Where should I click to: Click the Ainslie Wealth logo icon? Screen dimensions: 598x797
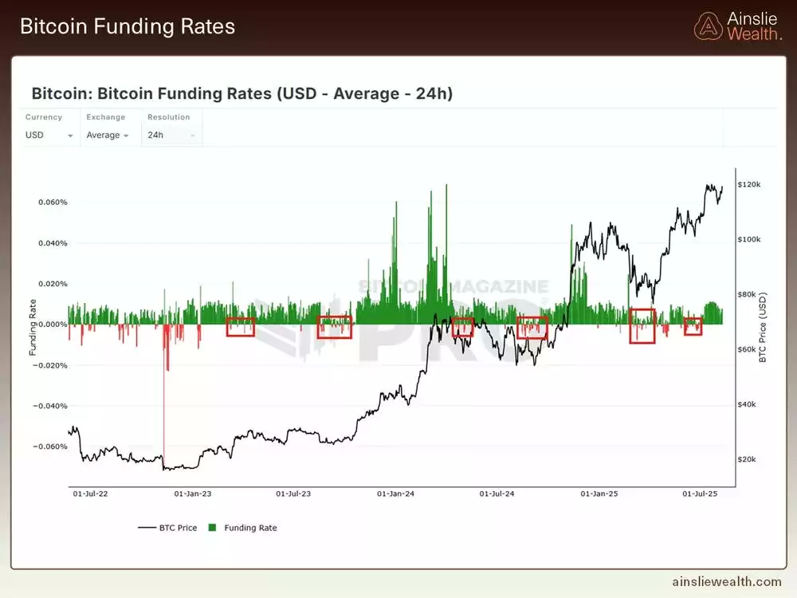[708, 26]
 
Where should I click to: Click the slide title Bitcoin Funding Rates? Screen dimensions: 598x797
[128, 26]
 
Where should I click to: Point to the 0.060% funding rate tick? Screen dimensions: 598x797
[53, 202]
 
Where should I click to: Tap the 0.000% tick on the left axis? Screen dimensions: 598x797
[53, 324]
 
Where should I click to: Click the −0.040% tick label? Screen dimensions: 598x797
[51, 406]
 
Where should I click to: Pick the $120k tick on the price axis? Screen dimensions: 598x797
[749, 184]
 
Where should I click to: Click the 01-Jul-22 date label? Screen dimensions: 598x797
[90, 494]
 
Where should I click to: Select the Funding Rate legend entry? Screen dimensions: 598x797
[243, 528]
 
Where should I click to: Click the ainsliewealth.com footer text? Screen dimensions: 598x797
[727, 582]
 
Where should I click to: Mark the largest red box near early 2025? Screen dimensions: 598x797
[642, 326]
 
